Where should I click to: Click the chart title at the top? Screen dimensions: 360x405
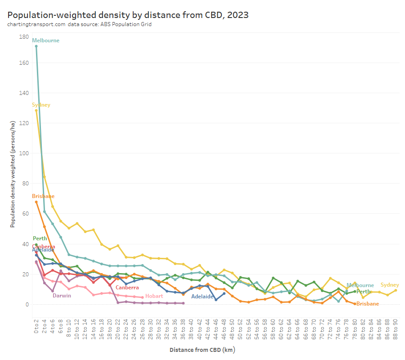(x=128, y=14)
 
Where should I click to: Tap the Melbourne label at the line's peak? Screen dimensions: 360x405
(x=45, y=40)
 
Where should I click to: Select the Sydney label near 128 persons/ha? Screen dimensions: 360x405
(x=41, y=105)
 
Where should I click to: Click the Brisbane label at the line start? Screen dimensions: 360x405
(x=43, y=196)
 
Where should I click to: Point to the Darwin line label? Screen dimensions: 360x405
(x=62, y=296)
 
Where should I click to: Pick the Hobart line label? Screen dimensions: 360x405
(x=154, y=296)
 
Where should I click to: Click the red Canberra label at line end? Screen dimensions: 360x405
(x=127, y=288)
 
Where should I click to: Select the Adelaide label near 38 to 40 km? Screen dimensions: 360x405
(x=202, y=297)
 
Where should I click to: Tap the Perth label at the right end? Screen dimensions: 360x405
(x=363, y=292)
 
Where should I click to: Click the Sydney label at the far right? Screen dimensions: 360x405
(x=390, y=285)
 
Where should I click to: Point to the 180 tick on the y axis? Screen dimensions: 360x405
(x=24, y=36)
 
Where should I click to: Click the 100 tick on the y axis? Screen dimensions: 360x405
(x=24, y=153)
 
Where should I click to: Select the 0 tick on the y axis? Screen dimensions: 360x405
(x=27, y=305)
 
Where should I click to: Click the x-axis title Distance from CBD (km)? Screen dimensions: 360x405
(x=202, y=350)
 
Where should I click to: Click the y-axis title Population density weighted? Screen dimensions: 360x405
(x=13, y=174)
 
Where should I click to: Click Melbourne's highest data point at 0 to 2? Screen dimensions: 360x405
(x=36, y=46)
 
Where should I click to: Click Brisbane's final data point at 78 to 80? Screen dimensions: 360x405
(x=355, y=304)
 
